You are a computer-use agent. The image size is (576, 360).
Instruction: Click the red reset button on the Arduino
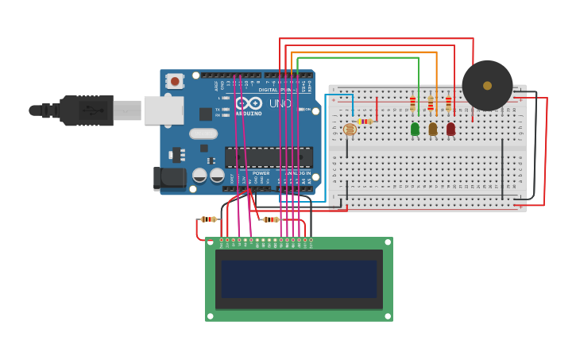coord(174,81)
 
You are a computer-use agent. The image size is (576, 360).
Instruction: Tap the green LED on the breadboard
coord(415,129)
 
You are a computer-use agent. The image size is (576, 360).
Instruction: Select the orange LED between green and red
coord(433,129)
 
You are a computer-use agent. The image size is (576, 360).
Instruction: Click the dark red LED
coord(450,129)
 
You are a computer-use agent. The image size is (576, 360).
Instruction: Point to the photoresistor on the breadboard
coord(350,129)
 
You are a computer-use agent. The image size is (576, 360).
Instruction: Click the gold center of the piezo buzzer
coord(487,86)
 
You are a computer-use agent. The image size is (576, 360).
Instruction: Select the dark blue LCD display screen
coord(299,279)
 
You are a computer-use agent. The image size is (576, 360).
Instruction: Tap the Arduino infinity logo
coord(249,103)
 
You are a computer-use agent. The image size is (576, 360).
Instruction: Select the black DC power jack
coord(169,179)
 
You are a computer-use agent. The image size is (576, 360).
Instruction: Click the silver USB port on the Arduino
coord(163,110)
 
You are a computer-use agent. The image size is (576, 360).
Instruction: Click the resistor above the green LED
coord(412,103)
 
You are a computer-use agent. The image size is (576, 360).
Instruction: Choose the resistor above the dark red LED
coord(448,103)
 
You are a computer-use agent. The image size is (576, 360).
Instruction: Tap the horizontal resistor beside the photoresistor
coord(365,122)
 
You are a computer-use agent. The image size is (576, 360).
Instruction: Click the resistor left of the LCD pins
coord(208,219)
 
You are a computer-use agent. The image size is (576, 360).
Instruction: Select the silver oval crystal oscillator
coord(203,134)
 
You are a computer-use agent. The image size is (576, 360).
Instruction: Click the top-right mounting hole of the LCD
coord(387,242)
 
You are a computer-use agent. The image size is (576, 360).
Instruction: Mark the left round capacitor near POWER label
coord(199,175)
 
